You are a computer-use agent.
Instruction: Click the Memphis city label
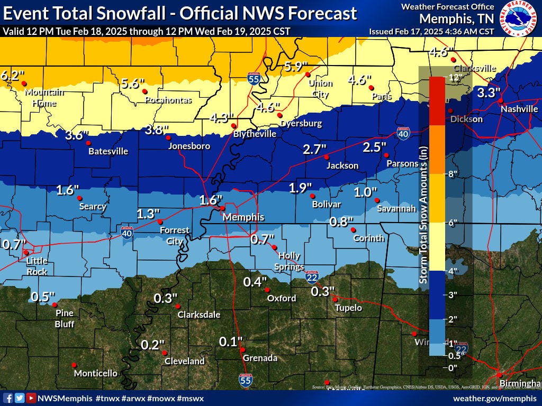point(243,217)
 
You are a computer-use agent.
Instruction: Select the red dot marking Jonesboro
point(169,139)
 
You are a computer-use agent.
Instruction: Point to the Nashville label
point(519,109)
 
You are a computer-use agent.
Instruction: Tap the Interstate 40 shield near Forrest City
point(127,233)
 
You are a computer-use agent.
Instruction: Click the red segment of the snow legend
point(437,100)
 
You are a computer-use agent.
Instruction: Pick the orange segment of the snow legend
point(437,149)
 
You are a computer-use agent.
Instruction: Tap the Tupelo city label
point(348,308)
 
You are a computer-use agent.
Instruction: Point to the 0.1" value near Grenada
point(231,342)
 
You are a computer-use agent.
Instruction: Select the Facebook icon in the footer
point(8,398)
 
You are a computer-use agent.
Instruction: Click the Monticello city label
point(95,373)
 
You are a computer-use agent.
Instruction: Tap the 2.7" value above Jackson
point(315,149)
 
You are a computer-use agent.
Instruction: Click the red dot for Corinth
point(353,229)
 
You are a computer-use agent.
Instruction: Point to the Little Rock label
point(37,266)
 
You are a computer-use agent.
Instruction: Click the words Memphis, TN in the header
point(456,19)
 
